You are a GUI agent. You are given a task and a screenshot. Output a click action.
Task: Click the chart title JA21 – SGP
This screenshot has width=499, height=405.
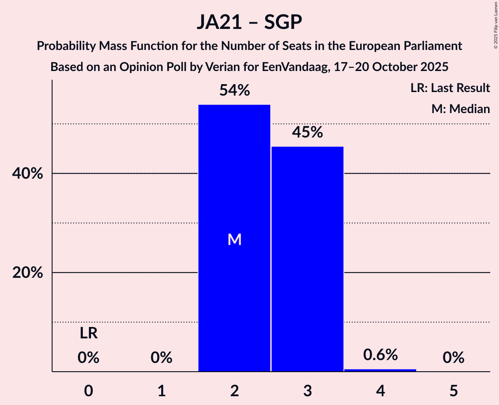pyautogui.click(x=249, y=22)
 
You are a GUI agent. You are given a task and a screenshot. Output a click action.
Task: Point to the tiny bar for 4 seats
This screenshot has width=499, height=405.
pyautogui.click(x=380, y=370)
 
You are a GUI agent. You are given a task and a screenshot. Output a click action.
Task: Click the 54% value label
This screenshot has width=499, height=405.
pyautogui.click(x=234, y=91)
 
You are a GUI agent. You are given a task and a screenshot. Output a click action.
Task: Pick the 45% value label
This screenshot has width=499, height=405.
pyautogui.click(x=307, y=132)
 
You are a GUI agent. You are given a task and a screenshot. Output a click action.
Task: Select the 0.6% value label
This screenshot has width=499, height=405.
pyautogui.click(x=380, y=355)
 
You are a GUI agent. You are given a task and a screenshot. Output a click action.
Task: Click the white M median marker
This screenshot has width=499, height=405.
pyautogui.click(x=234, y=239)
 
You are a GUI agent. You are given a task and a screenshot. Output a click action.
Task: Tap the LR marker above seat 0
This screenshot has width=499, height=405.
pyautogui.click(x=88, y=334)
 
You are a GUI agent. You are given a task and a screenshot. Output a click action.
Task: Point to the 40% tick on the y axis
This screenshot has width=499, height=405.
pyautogui.click(x=27, y=174)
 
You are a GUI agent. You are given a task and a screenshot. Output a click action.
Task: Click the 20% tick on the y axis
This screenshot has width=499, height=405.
pyautogui.click(x=27, y=273)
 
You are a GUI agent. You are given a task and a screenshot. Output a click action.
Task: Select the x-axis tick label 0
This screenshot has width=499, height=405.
pyautogui.click(x=88, y=391)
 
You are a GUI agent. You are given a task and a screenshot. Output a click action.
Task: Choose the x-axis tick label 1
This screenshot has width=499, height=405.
pyautogui.click(x=161, y=391)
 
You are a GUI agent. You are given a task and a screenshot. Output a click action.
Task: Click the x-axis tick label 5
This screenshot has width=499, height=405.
pyautogui.click(x=453, y=391)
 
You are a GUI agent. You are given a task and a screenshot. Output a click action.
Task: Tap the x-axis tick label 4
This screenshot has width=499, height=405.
pyautogui.click(x=380, y=391)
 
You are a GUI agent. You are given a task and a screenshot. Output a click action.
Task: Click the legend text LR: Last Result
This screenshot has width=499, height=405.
pyautogui.click(x=450, y=88)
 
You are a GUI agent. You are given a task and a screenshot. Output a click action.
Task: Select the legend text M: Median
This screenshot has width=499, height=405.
pyautogui.click(x=460, y=109)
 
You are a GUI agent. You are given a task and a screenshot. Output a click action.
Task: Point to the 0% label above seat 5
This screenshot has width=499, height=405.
pyautogui.click(x=453, y=358)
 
